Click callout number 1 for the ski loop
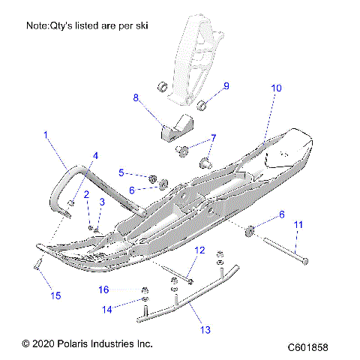45,136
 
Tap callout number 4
95,155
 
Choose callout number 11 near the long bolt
298,224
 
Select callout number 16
125,289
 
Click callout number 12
199,250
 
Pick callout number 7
212,138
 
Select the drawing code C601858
313,347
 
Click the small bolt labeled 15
35,264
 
